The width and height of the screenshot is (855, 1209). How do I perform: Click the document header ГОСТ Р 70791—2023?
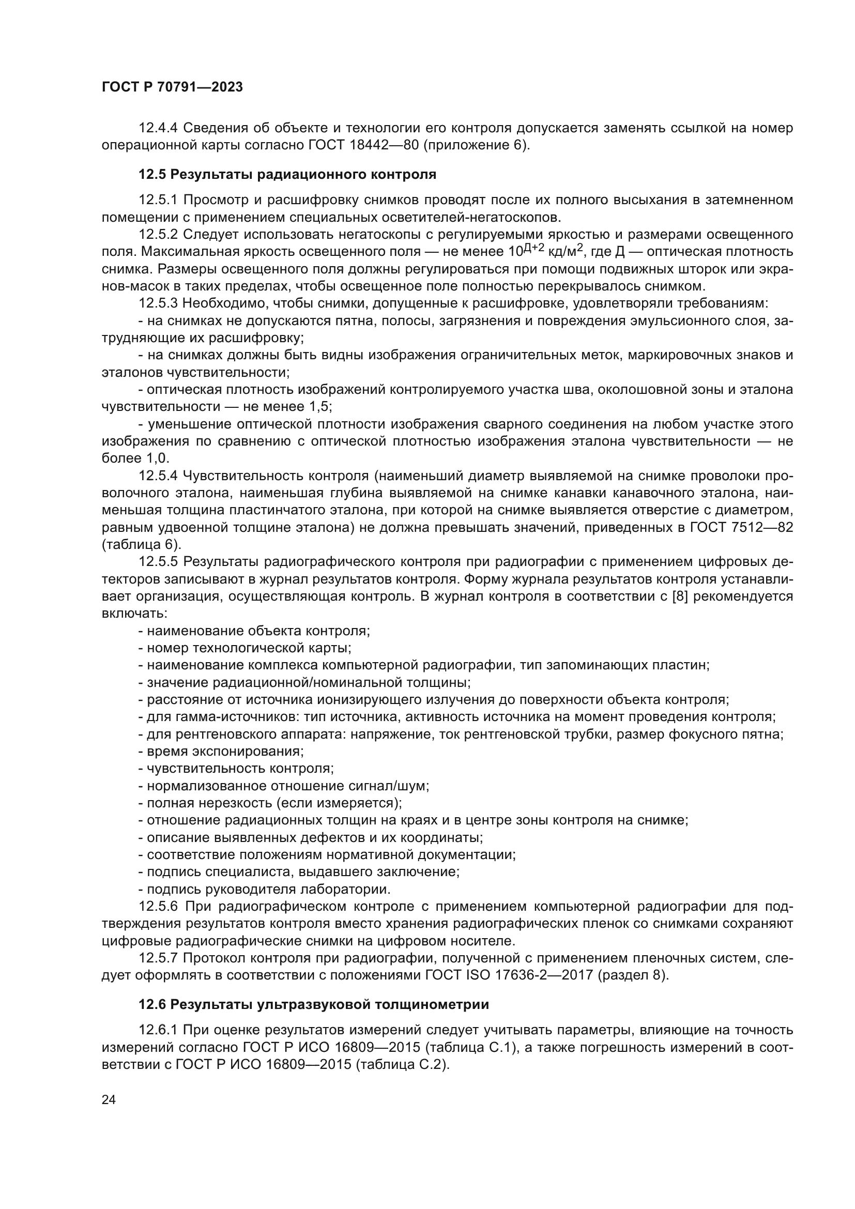[172, 87]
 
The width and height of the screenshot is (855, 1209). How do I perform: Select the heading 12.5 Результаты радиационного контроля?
[287, 174]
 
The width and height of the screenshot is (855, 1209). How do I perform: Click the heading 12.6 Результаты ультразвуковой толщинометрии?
[314, 1005]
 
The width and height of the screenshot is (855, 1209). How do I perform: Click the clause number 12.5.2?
[159, 234]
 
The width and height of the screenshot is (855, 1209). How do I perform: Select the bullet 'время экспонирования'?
[221, 751]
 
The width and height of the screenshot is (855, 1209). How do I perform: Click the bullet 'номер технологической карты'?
[245, 648]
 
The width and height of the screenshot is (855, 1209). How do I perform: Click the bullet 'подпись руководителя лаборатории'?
[265, 890]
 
